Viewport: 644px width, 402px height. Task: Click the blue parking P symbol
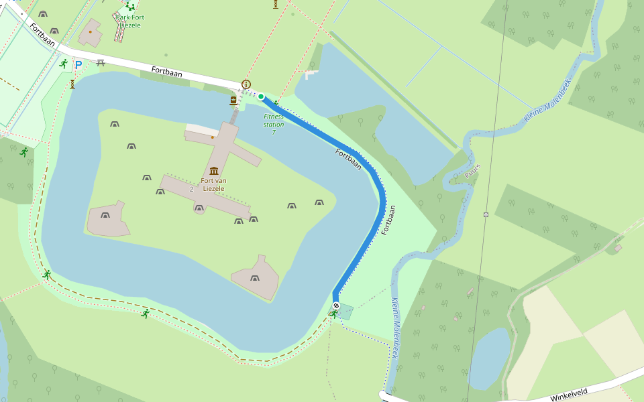pos(78,65)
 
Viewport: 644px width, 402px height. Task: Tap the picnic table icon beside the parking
pos(101,63)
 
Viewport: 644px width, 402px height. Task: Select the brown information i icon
pos(246,84)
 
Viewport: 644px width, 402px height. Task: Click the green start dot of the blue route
pos(261,97)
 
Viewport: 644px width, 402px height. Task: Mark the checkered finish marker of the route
pos(336,306)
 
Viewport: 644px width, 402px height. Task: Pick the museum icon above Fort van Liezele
pos(214,171)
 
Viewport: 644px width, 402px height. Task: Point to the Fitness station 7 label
pos(274,124)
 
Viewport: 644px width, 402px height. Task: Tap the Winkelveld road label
pos(569,394)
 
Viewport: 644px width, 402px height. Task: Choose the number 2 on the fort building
pos(191,190)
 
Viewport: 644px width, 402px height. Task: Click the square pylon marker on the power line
pos(486,214)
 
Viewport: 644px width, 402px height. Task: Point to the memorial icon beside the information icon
pos(233,100)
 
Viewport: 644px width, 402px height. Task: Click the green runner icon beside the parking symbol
pos(63,64)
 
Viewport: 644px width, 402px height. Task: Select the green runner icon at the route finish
pos(333,314)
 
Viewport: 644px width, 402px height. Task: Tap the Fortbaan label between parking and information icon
pos(166,72)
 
